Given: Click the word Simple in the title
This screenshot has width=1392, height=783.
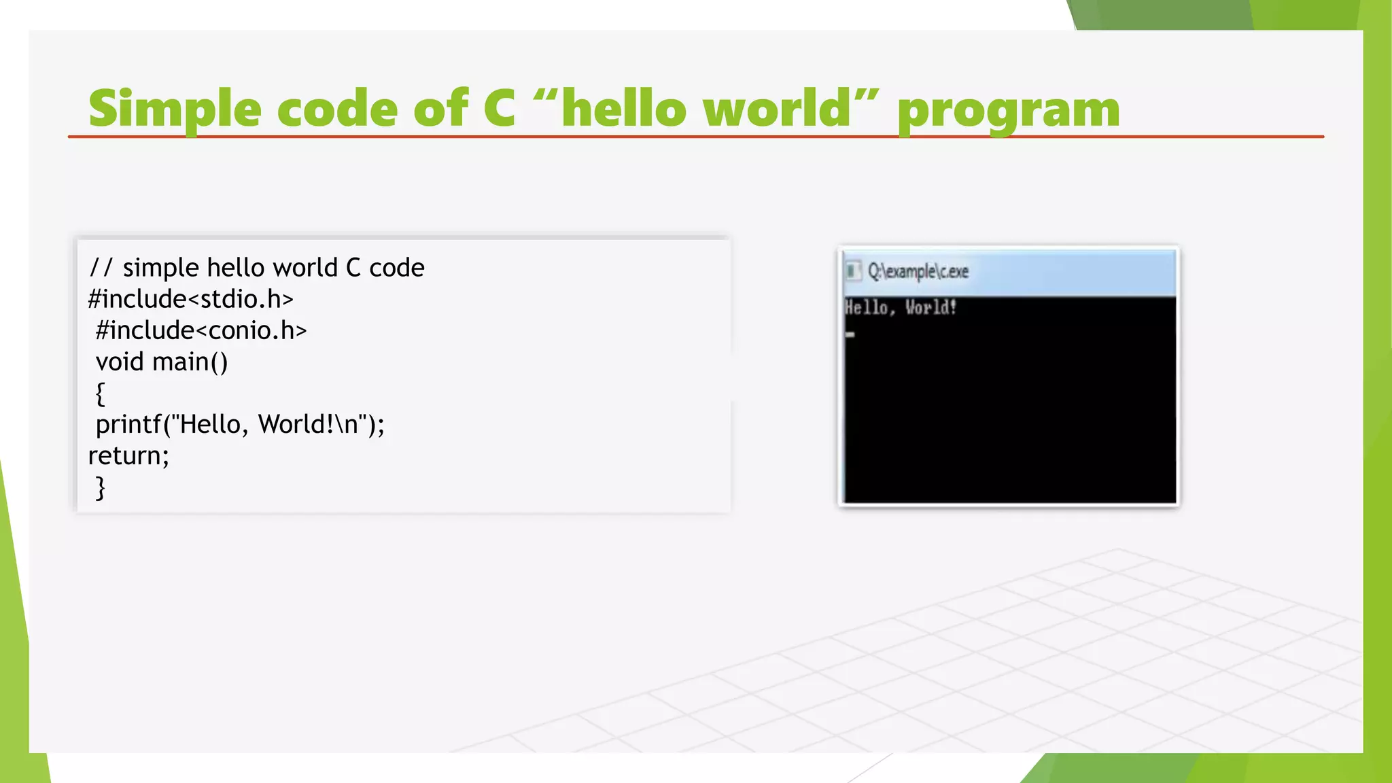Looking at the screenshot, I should (x=175, y=109).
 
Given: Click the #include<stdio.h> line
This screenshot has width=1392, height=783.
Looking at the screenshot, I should (x=191, y=299).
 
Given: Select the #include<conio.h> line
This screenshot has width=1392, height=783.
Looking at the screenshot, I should (x=201, y=330).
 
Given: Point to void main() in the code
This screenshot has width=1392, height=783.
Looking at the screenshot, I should (x=162, y=362).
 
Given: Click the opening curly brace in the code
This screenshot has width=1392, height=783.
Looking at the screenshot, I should (x=101, y=393).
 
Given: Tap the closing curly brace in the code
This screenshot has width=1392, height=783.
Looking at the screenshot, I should (x=101, y=487).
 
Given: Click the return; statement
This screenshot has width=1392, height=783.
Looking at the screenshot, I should (x=128, y=455).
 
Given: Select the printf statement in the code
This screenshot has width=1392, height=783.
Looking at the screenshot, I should (x=240, y=424).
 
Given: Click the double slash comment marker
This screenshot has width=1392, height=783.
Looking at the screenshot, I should (x=100, y=268).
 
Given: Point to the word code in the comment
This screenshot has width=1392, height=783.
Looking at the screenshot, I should (x=397, y=268).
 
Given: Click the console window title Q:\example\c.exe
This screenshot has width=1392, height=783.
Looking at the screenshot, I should (x=918, y=271).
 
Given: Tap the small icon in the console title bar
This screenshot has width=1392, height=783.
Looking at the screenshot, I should (x=852, y=271).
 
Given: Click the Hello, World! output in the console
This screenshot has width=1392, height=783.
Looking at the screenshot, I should (x=900, y=308).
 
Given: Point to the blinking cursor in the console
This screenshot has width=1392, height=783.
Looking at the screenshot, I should (x=850, y=334).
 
